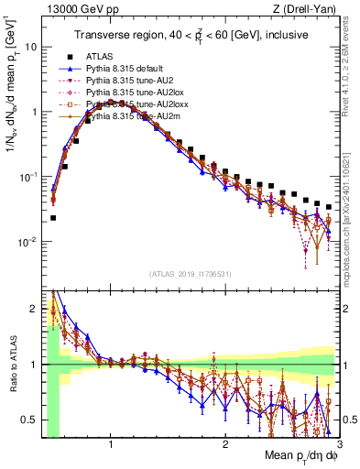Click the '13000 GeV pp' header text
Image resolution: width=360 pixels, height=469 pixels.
(70, 10)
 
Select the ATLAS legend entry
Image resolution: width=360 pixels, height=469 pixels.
(100, 56)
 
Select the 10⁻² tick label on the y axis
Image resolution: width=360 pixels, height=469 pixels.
(27, 242)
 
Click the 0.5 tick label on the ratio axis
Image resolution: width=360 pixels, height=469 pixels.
(29, 420)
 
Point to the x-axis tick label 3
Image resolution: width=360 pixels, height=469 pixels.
(339, 445)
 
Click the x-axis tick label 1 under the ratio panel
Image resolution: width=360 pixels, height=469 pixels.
(111, 445)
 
